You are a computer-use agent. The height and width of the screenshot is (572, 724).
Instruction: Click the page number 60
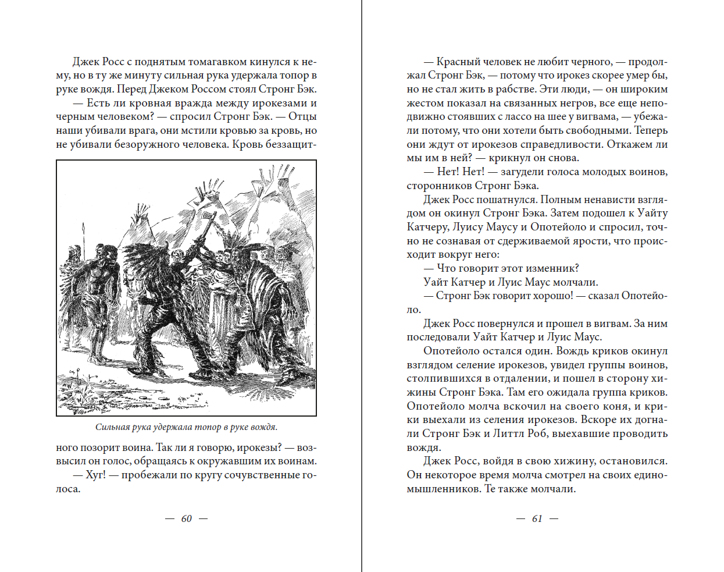[x=186, y=518]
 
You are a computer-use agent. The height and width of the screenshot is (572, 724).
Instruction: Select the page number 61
[x=537, y=518]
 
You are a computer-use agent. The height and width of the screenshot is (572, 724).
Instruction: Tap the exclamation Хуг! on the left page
[x=95, y=475]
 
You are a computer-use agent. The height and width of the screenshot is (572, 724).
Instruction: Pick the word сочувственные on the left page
[x=261, y=475]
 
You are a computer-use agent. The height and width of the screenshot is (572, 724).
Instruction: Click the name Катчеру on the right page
[x=427, y=227]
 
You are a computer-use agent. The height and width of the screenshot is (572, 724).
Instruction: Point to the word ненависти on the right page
[x=599, y=200]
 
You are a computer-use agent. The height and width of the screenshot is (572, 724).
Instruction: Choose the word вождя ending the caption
[x=265, y=427]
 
